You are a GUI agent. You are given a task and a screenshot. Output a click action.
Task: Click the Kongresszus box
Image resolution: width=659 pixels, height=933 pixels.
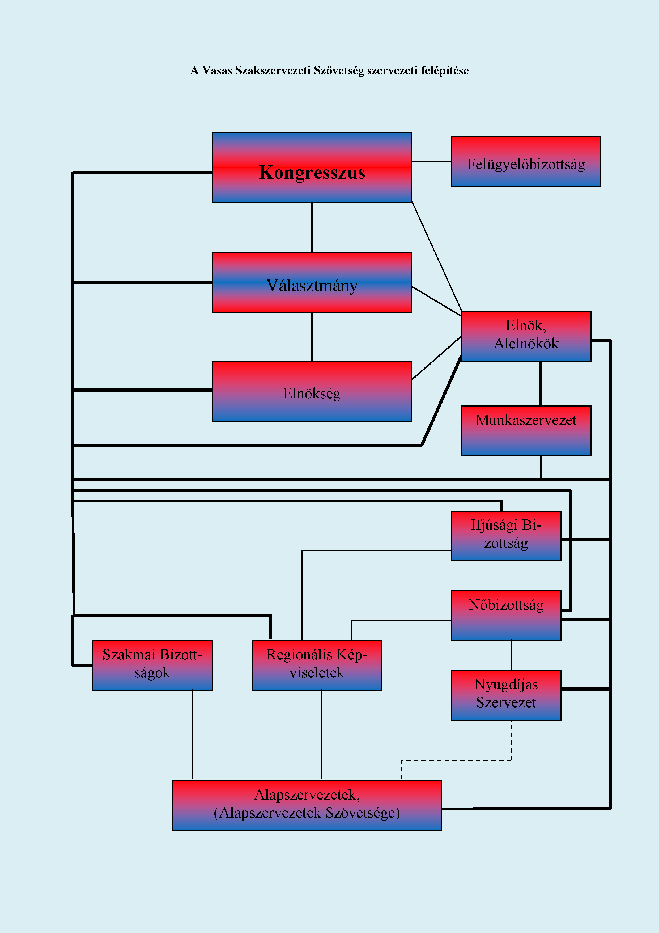pos(311,168)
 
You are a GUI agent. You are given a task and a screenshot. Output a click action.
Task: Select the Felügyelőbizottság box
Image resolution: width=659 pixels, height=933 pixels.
pos(526,162)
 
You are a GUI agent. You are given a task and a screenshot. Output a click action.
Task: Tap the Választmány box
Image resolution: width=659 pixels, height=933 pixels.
pos(311,282)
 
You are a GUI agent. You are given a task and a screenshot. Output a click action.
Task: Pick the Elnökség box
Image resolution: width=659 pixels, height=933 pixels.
pos(311,391)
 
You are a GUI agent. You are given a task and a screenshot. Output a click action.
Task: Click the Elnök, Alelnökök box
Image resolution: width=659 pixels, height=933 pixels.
pos(526,336)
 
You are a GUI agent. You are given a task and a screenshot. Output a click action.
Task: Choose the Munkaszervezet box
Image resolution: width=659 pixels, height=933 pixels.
pos(526,431)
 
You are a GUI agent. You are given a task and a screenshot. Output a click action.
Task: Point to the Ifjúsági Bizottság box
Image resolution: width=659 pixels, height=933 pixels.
pos(506,535)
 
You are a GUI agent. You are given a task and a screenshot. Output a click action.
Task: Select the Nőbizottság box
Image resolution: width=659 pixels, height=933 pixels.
pos(506,615)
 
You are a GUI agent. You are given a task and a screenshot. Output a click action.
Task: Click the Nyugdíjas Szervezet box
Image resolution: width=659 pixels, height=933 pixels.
pos(506,695)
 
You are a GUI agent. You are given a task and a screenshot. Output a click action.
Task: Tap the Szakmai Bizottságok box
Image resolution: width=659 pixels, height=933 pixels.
pos(152,665)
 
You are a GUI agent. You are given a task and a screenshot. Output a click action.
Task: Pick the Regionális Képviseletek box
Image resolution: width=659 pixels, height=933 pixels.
pos(317,665)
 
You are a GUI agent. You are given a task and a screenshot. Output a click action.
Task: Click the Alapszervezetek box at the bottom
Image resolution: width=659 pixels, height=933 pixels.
pos(307,805)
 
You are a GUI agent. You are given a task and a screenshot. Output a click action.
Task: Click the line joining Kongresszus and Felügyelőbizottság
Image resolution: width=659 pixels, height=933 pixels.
pos(431,161)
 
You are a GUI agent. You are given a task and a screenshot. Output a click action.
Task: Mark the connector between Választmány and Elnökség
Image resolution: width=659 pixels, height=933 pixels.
pos(312,336)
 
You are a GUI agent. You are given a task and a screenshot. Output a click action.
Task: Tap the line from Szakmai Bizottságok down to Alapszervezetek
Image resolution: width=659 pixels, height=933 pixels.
pos(192,735)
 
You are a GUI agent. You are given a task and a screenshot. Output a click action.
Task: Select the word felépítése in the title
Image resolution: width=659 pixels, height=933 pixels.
pos(445,71)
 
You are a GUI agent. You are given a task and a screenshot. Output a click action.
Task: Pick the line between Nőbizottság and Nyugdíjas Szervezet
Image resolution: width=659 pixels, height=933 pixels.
pos(511,655)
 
